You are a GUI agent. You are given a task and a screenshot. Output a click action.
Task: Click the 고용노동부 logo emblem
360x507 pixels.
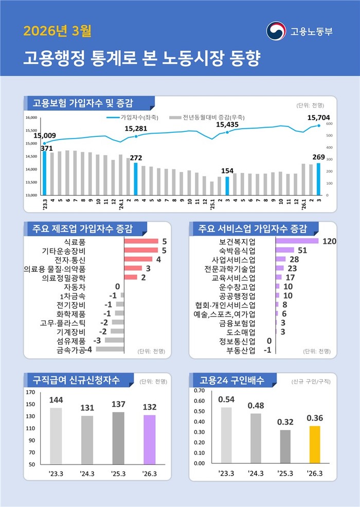[x=276, y=30]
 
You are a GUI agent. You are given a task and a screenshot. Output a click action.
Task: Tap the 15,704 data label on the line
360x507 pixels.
[x=318, y=118]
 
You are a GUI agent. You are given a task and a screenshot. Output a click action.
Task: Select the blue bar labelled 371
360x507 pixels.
[x=44, y=173]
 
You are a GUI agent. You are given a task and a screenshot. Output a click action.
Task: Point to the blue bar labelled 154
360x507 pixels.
[x=227, y=186]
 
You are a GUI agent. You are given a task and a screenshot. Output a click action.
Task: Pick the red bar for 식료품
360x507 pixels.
[x=141, y=241]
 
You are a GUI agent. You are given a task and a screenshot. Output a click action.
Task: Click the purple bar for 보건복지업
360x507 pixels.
[x=297, y=241]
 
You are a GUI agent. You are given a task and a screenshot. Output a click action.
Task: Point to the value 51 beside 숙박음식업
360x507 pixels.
[x=302, y=250]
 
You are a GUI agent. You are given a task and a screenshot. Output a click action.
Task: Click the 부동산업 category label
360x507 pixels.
[x=241, y=350]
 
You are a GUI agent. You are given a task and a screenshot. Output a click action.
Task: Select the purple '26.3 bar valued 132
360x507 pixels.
[x=149, y=439]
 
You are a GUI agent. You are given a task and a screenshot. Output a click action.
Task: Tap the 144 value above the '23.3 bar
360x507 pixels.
[x=57, y=400]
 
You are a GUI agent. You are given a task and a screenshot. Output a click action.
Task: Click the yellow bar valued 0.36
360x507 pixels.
[x=314, y=444]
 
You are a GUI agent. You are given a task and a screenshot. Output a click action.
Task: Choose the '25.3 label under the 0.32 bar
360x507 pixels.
[x=285, y=473]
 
